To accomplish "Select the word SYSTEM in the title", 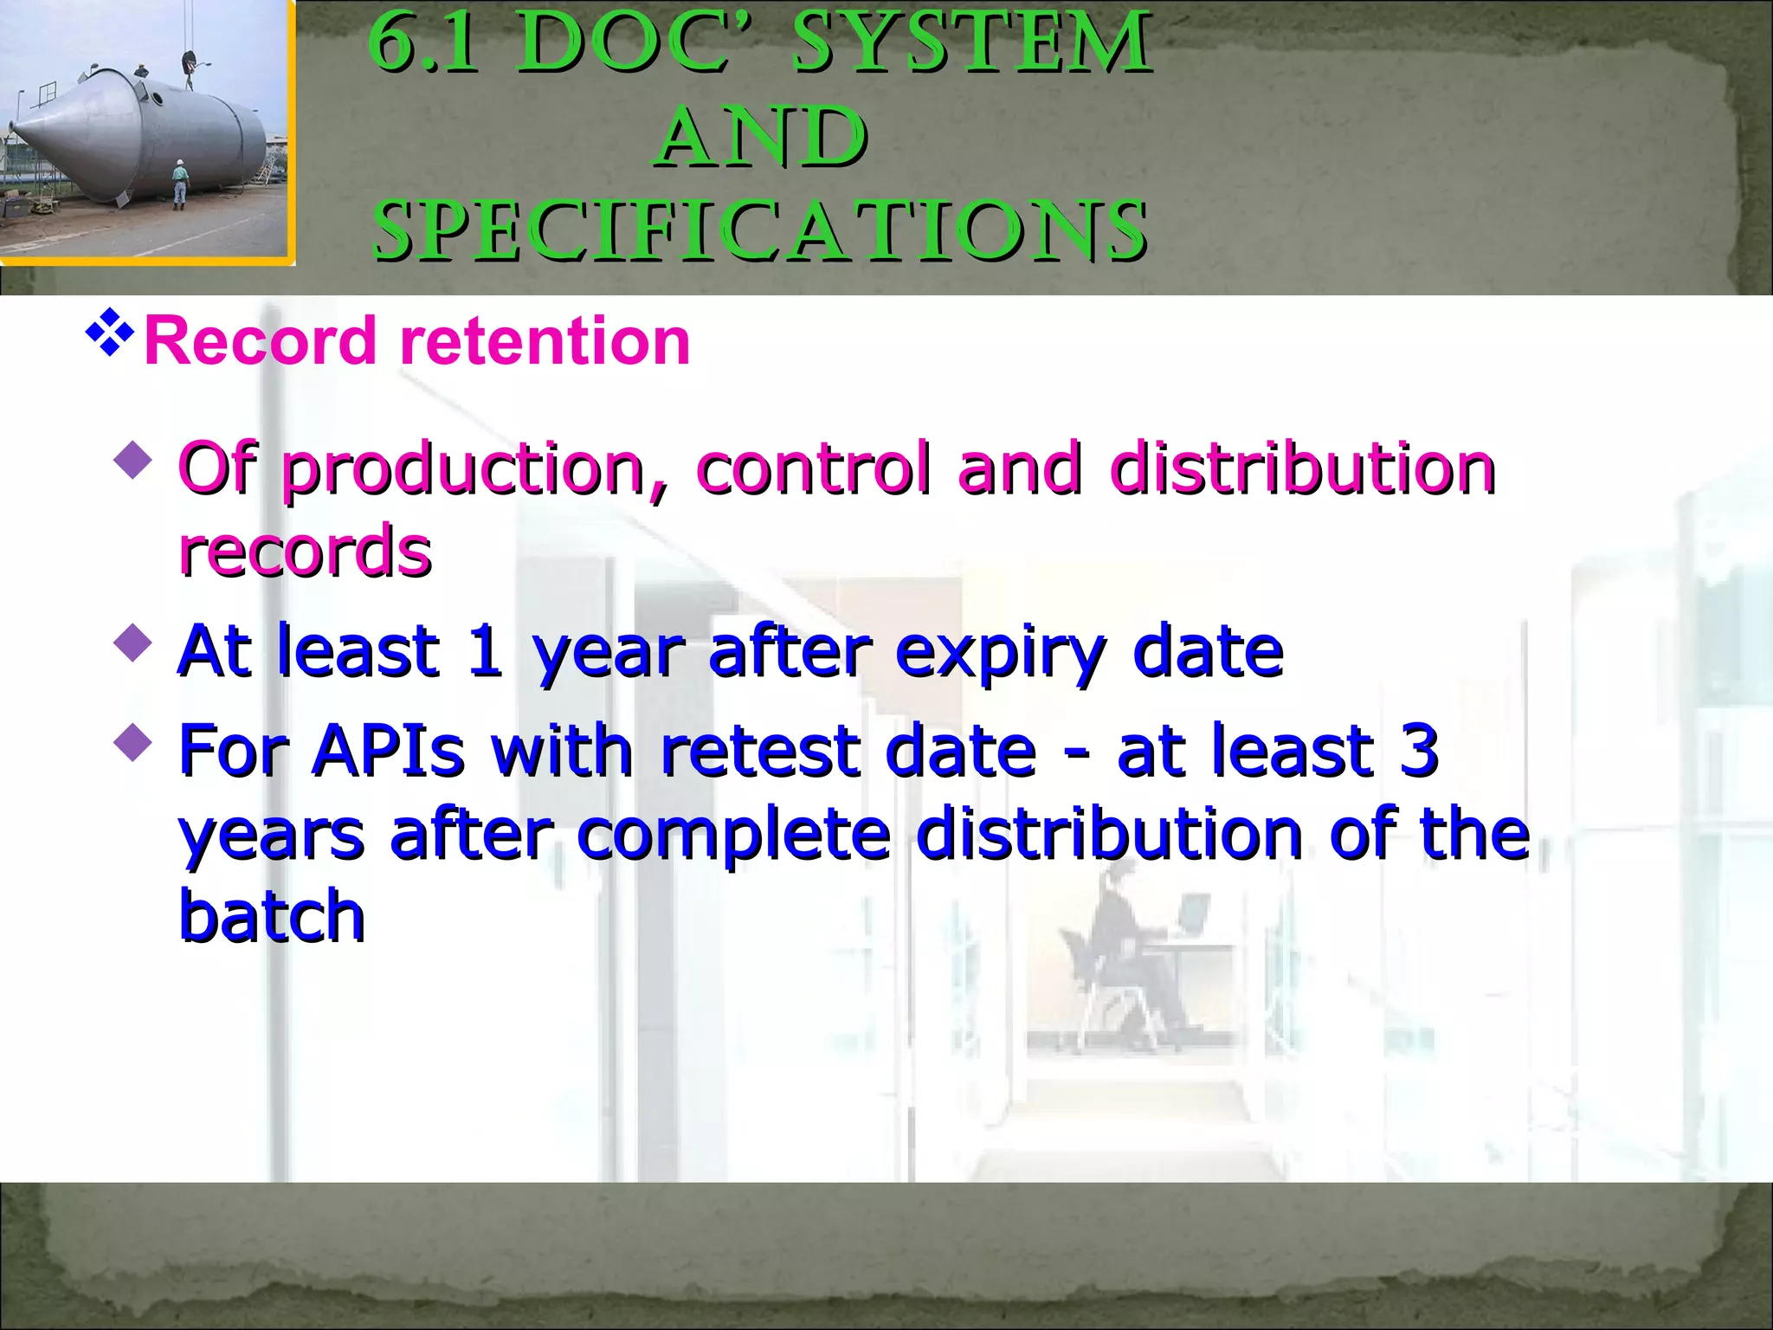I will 971,43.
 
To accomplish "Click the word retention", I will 545,341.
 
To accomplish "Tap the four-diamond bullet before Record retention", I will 110,332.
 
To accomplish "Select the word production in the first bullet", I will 464,470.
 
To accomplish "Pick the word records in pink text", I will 305,551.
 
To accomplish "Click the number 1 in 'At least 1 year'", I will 484,651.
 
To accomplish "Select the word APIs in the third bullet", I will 389,750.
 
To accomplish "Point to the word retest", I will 759,750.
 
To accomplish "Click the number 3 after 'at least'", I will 1419,750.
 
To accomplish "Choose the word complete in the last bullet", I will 732,835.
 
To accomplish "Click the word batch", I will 272,916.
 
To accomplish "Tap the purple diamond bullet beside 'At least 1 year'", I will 132,643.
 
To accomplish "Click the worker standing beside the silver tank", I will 179,183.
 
